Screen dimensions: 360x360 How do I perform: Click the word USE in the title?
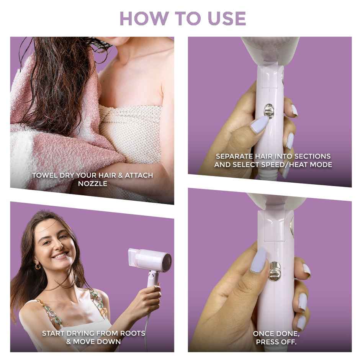pos(227,18)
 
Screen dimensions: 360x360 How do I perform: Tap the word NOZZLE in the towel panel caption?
pos(93,184)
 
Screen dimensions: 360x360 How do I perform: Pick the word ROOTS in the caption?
pos(133,333)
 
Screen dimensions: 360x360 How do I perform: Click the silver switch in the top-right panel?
pos(270,111)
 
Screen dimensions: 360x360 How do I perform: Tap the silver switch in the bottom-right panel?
pos(275,271)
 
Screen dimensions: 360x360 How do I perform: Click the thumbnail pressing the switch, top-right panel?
pos(259,124)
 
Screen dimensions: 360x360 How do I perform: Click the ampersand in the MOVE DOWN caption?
pos(69,342)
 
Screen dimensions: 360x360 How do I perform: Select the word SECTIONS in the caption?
pos(312,156)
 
